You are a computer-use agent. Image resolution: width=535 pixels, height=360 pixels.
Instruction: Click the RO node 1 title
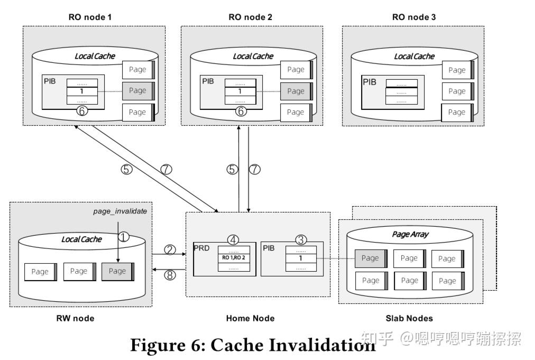point(90,17)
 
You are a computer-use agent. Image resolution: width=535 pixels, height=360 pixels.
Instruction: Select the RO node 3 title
point(414,17)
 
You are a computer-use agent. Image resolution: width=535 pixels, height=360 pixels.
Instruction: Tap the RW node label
point(75,318)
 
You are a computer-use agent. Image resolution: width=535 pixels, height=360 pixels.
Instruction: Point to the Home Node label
point(250,318)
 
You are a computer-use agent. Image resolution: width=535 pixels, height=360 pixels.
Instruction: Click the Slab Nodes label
point(410,318)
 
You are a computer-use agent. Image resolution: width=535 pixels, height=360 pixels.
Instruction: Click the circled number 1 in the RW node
point(123,237)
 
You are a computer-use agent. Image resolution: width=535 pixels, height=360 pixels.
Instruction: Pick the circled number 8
point(170,275)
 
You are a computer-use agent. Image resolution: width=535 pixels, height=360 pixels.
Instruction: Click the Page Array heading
point(411,234)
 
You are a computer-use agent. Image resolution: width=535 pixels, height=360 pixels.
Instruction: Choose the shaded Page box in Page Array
point(371,259)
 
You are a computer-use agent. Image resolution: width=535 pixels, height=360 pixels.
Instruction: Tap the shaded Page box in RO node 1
point(138,90)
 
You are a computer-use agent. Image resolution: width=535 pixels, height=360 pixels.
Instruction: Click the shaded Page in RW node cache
point(118,271)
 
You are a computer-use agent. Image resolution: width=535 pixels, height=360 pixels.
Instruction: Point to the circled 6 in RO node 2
point(241,112)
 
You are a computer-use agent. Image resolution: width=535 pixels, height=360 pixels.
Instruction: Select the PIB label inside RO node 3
point(369,81)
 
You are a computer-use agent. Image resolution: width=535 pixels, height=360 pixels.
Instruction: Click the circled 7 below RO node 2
point(255,170)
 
